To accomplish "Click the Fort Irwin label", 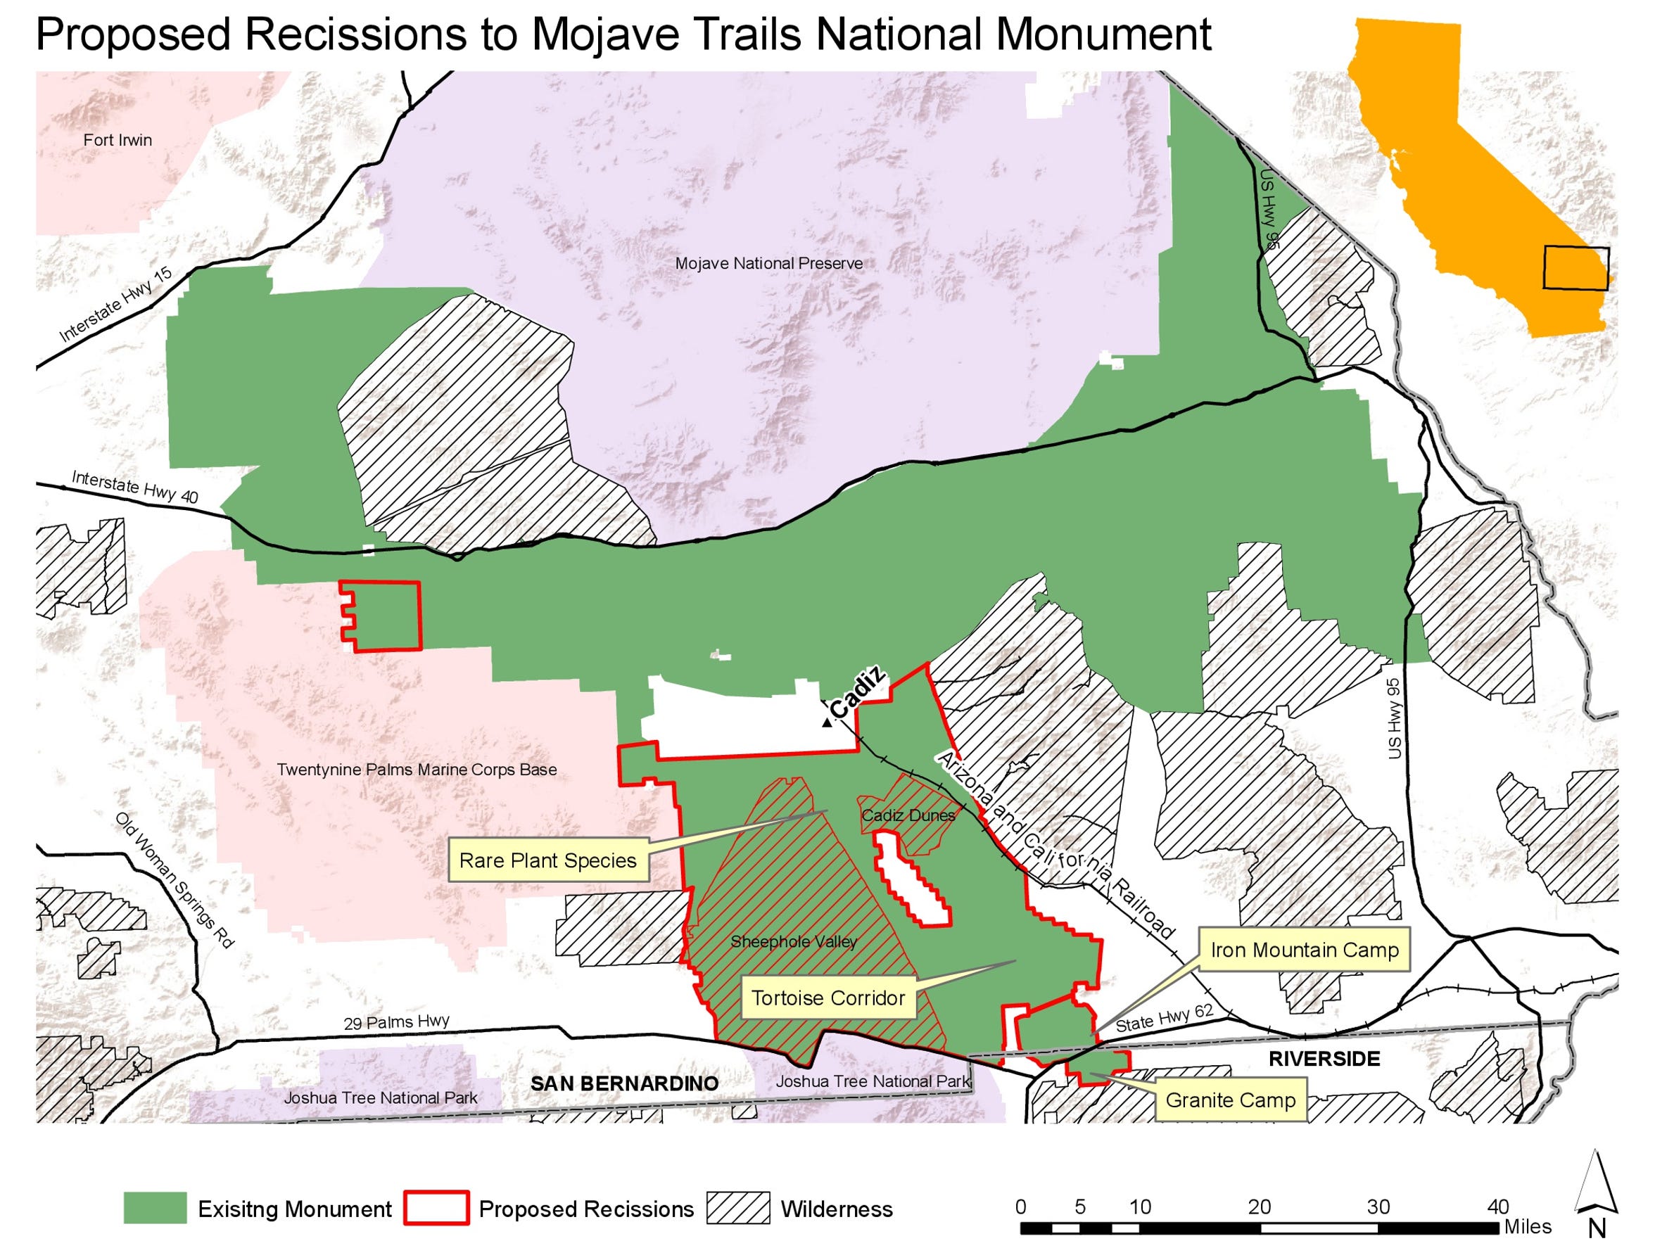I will pos(118,140).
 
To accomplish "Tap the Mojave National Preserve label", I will pos(768,263).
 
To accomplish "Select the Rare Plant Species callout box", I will pos(547,860).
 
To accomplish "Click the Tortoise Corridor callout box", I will pos(827,998).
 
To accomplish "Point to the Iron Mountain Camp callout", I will pos(1304,950).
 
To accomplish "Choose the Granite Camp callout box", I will pos(1230,1100).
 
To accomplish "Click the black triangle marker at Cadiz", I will pos(826,722).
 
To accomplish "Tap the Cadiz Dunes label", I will pos(908,815).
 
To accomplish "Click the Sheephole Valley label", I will pos(793,942).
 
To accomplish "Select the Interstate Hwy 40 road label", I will pos(134,486).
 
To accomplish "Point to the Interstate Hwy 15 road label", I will pos(116,305).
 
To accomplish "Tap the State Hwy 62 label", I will pos(1163,1019).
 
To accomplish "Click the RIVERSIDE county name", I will pos(1324,1059).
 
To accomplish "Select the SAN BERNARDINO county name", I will pos(624,1083).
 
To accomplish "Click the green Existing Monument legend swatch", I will pos(155,1208).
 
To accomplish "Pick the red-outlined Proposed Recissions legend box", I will pos(436,1208).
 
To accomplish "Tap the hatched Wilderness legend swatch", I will pos(737,1208).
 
